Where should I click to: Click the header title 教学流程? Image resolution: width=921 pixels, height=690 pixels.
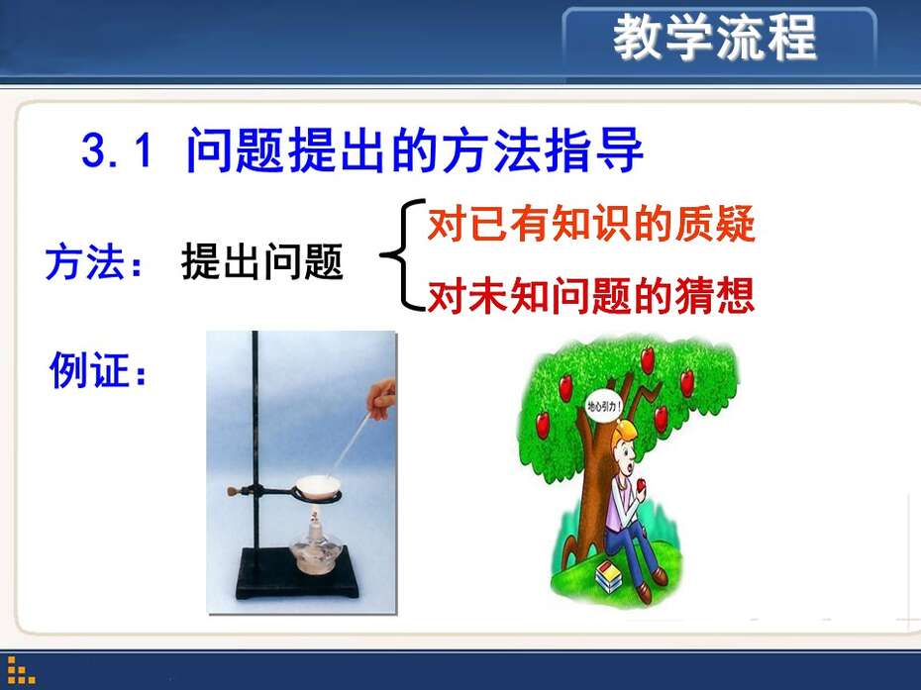(714, 37)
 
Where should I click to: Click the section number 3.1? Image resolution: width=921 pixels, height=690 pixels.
(117, 150)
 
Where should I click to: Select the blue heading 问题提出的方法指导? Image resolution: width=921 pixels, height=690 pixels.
(415, 150)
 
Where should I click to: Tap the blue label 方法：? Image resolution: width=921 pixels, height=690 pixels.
(94, 262)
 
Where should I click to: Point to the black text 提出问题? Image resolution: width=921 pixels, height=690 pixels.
(262, 261)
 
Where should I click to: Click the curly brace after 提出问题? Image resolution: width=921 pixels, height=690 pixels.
(403, 254)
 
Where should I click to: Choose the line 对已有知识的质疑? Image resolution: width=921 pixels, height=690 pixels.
(591, 224)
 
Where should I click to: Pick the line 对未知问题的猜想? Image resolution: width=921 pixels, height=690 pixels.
(591, 295)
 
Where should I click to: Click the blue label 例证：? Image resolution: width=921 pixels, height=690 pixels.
(97, 370)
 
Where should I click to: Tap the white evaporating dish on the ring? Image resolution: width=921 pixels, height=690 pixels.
(318, 486)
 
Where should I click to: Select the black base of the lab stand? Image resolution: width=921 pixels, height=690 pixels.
(297, 572)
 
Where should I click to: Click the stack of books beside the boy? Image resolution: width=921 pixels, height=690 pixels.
(608, 576)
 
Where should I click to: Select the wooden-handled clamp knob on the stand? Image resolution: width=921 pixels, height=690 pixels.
(236, 490)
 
